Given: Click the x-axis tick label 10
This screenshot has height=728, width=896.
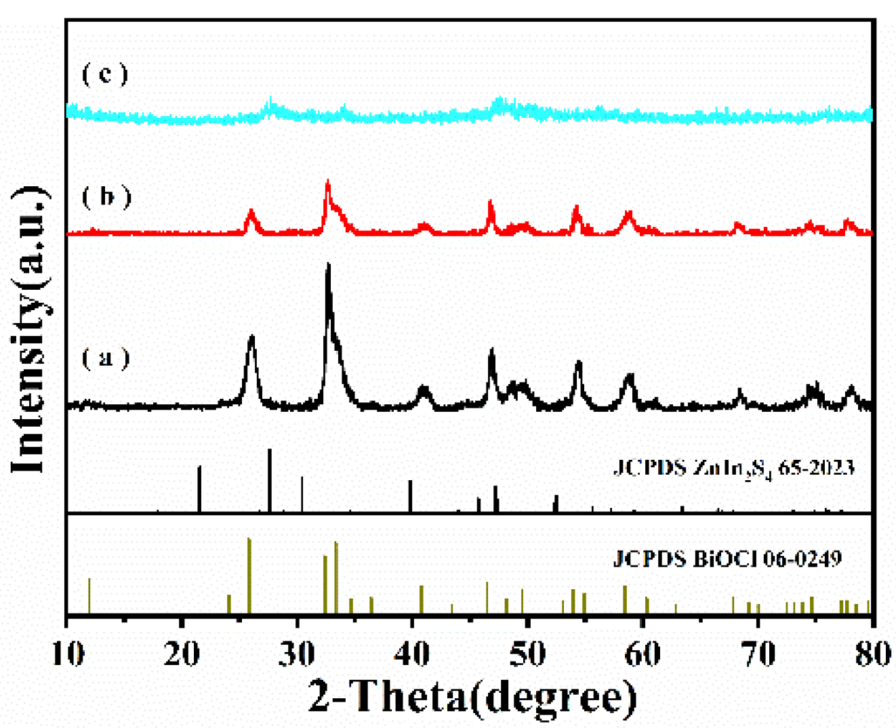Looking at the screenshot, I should [68, 654].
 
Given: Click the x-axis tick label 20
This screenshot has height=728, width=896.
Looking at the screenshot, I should [182, 654].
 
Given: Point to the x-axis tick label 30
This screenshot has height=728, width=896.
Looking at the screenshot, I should [298, 654].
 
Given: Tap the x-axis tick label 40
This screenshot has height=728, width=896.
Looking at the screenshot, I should [413, 654].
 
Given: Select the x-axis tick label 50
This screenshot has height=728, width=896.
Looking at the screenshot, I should [527, 654].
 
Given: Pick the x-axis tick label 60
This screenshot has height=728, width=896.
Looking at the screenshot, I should [643, 654].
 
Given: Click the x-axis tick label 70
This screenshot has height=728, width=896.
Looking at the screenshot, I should [757, 654].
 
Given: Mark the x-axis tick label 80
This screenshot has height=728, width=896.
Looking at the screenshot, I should [870, 654].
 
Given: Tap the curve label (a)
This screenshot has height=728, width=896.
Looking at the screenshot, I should [105, 357].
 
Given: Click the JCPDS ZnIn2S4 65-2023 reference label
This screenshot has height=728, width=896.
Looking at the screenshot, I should [733, 468].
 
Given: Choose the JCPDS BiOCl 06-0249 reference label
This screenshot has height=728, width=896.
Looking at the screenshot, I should [727, 559].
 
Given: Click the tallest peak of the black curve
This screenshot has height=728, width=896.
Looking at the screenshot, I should [329, 265].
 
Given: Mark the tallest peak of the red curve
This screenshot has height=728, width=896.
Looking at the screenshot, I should [328, 181].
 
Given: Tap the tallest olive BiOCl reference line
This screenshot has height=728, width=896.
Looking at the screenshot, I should [249, 576].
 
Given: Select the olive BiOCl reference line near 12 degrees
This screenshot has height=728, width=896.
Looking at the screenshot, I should [89, 596].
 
